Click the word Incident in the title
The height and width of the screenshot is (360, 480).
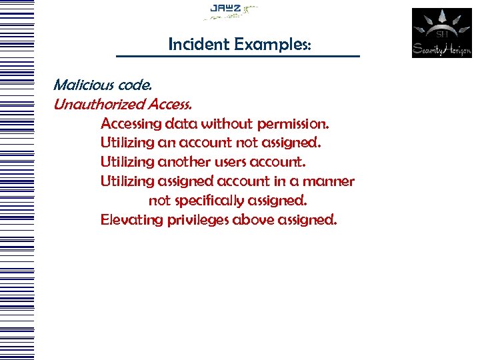tap(192, 45)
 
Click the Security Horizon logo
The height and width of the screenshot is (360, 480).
tap(441, 33)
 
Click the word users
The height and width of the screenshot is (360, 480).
tap(234, 162)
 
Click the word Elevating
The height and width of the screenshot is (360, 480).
tap(127, 220)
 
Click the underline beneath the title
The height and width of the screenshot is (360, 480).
tap(237, 56)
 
